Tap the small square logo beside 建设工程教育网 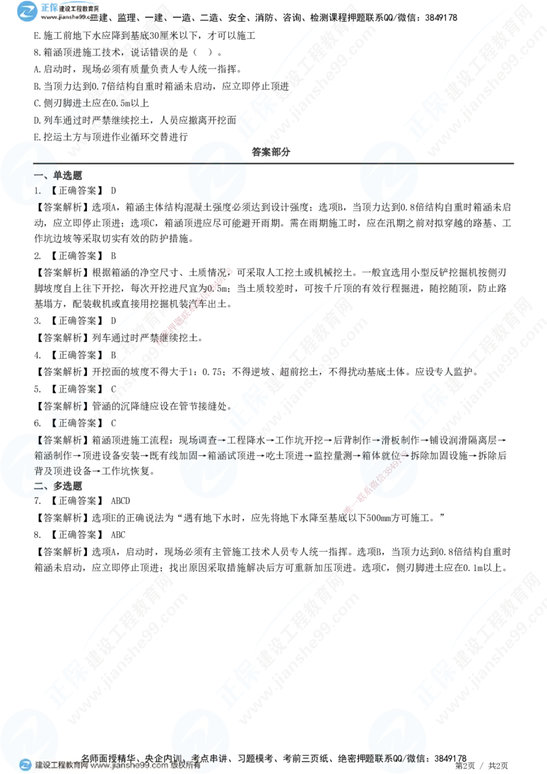pyautogui.click(x=25, y=765)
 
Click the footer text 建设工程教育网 pyautogui.click(x=61, y=766)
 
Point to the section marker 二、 pyautogui.click(x=41, y=485)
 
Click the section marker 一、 pyautogui.click(x=41, y=175)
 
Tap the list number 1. pyautogui.click(x=38, y=192)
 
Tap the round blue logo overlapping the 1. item pyautogui.click(x=29, y=172)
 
